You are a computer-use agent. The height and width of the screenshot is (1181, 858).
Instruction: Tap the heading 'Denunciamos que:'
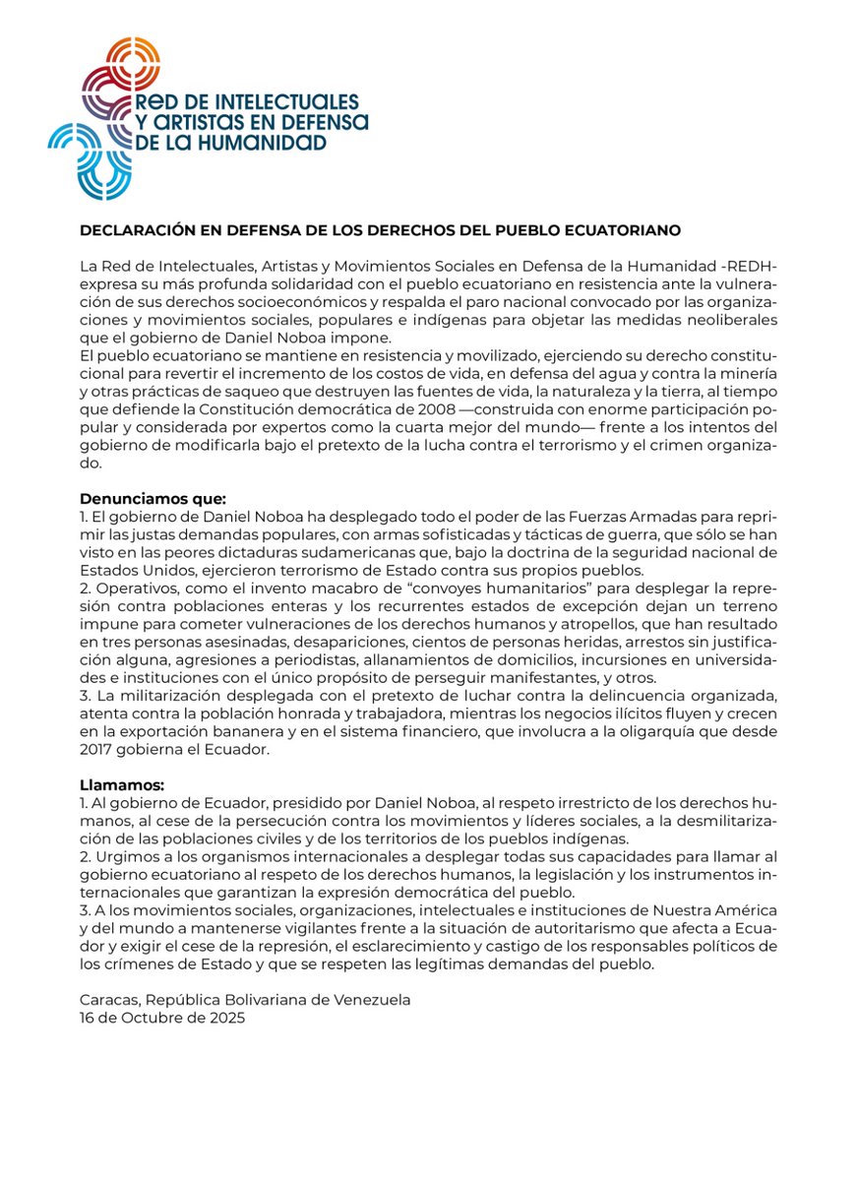pos(153,499)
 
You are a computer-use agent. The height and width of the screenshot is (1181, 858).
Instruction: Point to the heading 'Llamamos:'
pos(122,785)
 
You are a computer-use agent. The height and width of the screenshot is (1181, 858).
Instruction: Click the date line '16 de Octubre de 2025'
pos(161,1018)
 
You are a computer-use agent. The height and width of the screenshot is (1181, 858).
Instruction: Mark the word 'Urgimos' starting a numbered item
pos(124,856)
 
